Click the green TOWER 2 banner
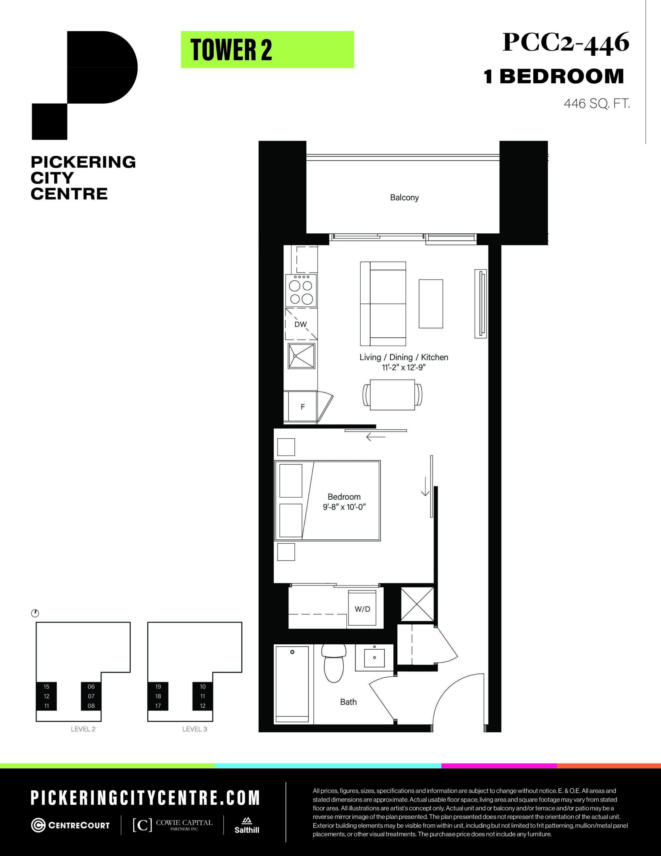point(267,50)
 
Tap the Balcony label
point(404,198)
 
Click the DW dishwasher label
point(300,324)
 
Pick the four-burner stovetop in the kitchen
point(301,291)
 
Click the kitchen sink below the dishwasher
point(302,356)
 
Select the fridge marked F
point(302,407)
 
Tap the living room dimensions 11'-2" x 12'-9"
point(404,367)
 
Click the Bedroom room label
point(344,497)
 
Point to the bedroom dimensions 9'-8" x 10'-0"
point(344,507)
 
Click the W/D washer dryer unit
point(363,609)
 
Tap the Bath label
point(348,702)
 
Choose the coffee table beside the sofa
point(431,303)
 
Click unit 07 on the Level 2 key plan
point(91,696)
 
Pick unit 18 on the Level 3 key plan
point(158,696)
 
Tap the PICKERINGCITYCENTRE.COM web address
point(145,797)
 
